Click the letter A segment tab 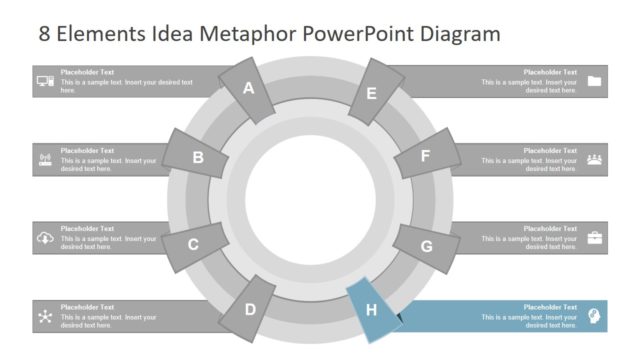[x=249, y=89]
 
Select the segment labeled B [x=198, y=156]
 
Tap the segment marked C [x=193, y=243]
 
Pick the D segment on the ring [x=249, y=309]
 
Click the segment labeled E [x=371, y=94]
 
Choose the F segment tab [x=425, y=156]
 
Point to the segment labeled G [x=426, y=246]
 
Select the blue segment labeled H [x=372, y=309]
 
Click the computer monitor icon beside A [x=45, y=82]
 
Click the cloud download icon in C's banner [x=45, y=237]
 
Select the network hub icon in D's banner [x=45, y=316]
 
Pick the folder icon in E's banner [x=595, y=82]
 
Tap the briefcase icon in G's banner [x=595, y=237]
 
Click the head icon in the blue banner [x=595, y=315]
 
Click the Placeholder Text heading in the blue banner [x=550, y=307]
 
